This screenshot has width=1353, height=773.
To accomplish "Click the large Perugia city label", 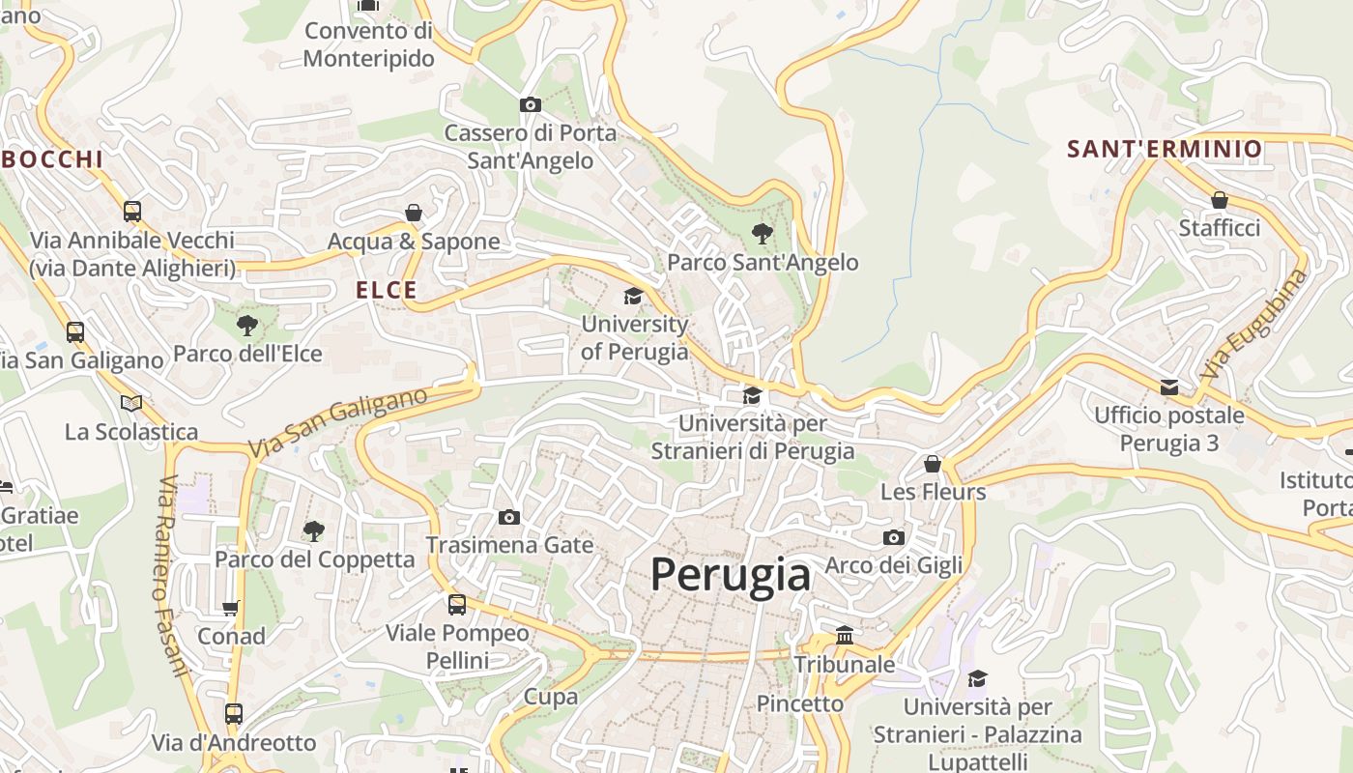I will point(730,575).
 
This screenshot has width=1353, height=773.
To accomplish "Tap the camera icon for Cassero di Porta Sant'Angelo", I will point(530,104).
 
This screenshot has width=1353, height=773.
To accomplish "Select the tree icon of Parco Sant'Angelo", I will point(763,233).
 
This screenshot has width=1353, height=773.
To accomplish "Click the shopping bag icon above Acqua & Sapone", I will point(414,213).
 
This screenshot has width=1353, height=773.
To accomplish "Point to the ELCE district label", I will point(387,290).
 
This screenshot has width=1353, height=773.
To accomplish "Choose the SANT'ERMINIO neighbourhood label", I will point(1165,149).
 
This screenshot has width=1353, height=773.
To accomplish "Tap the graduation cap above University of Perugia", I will point(633,296).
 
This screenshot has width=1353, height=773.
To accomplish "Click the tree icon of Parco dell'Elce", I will point(247,325).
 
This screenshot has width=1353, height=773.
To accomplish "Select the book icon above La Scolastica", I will point(131,403).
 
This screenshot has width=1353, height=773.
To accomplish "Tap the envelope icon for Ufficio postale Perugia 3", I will point(1169,387).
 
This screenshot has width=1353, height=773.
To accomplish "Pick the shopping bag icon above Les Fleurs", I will point(933,464).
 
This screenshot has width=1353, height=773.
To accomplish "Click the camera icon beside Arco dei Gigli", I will point(894,537).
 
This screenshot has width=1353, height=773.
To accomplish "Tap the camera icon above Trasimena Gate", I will point(509,517).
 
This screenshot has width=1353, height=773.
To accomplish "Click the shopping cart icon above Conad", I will point(231,608).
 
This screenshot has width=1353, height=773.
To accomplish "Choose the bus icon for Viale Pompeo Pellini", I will point(457,605).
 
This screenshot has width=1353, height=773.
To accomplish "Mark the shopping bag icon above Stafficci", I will point(1220,200).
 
